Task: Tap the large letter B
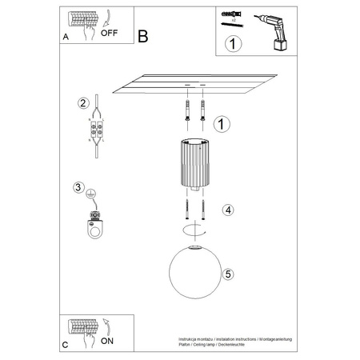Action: (x=143, y=36)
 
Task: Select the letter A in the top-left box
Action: (x=65, y=38)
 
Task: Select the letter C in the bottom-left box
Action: (x=66, y=345)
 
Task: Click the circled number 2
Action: (x=82, y=103)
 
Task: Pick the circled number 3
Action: (x=78, y=188)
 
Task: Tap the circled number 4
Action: (x=228, y=210)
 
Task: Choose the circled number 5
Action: (x=229, y=274)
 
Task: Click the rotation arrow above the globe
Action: (x=191, y=230)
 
